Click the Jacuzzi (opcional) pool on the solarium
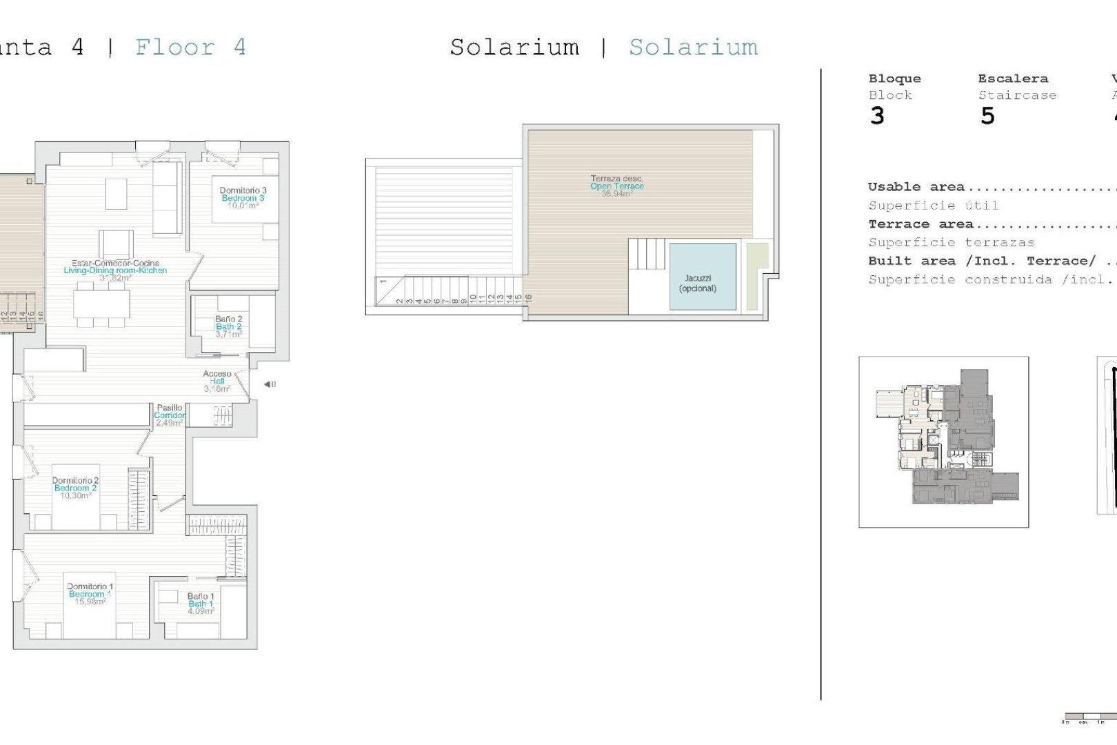coord(702,277)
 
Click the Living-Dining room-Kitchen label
coord(115,270)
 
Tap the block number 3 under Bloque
coord(877,116)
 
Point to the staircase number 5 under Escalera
coord(987,116)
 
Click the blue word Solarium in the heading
coord(693,48)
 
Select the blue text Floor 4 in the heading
coord(190,48)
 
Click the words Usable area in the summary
coord(916,187)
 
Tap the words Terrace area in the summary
coord(920,224)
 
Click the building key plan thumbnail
coord(943,442)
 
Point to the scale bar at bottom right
coord(1089,717)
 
